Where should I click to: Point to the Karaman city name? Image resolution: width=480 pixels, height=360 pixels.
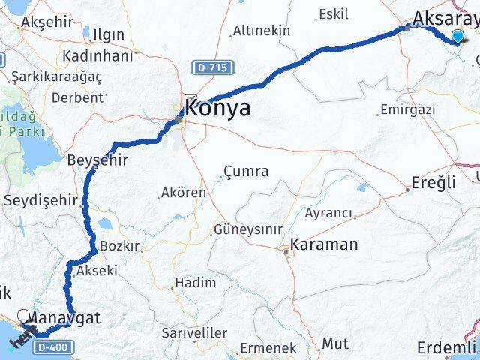pyautogui.click(x=324, y=244)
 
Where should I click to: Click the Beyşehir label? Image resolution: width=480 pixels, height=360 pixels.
pyautogui.click(x=97, y=161)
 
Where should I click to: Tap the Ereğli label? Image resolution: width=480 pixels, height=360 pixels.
pyautogui.click(x=434, y=182)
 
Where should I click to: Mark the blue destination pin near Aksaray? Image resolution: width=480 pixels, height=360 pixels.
pyautogui.click(x=458, y=35)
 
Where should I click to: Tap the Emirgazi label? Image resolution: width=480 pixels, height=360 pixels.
pyautogui.click(x=408, y=109)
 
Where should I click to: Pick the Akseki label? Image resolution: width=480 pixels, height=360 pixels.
pyautogui.click(x=97, y=271)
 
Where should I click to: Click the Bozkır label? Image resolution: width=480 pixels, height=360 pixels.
pyautogui.click(x=120, y=246)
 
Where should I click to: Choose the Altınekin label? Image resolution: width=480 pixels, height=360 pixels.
pyautogui.click(x=261, y=31)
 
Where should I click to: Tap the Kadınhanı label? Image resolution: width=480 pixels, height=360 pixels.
pyautogui.click(x=97, y=56)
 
